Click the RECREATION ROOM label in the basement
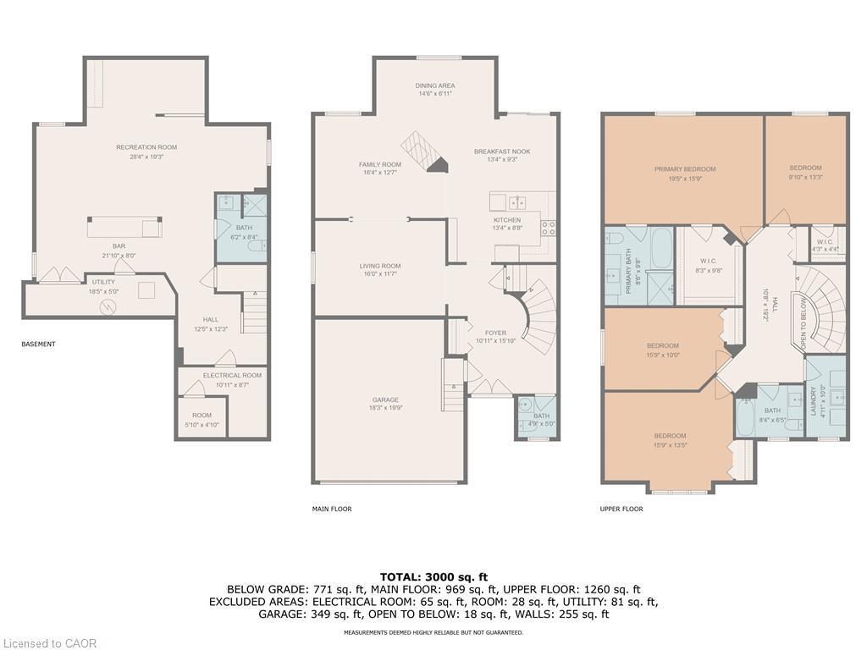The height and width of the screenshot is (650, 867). pyautogui.click(x=146, y=147)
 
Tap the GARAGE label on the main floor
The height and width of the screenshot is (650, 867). pyautogui.click(x=385, y=399)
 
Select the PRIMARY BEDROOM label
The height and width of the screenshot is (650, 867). pyautogui.click(x=684, y=169)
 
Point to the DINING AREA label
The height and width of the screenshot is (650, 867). pyautogui.click(x=435, y=85)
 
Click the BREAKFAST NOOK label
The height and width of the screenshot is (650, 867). pyautogui.click(x=502, y=151)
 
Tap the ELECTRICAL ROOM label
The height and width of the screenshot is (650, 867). pyautogui.click(x=232, y=375)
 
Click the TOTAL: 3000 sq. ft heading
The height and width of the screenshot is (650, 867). pyautogui.click(x=433, y=576)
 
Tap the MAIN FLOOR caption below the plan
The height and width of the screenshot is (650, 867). pyautogui.click(x=332, y=509)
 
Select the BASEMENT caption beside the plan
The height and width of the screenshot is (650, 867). pyautogui.click(x=38, y=344)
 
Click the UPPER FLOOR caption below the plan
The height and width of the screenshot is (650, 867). pyautogui.click(x=621, y=509)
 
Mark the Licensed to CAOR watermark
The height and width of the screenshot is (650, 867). pyautogui.click(x=49, y=643)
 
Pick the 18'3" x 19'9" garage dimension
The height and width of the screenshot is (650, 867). pyautogui.click(x=385, y=408)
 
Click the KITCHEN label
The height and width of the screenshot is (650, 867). pyautogui.click(x=507, y=219)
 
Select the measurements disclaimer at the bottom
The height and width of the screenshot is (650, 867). pyautogui.click(x=433, y=632)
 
